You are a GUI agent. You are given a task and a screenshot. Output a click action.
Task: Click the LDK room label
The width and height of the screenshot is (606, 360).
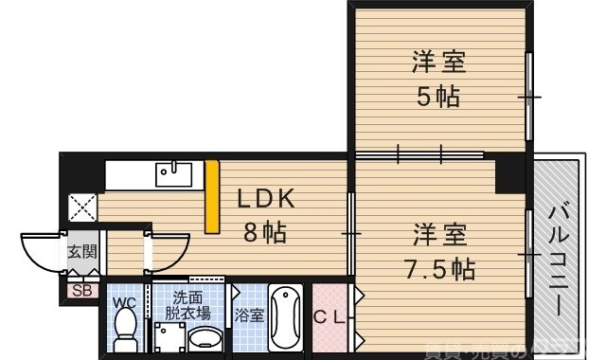(x=266, y=199)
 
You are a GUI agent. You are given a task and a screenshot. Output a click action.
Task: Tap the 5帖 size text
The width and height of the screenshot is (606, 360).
(x=437, y=95)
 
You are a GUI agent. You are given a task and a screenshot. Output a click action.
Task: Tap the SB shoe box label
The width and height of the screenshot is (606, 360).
(x=81, y=291)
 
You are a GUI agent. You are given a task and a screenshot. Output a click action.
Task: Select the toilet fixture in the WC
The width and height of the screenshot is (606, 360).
(x=123, y=330)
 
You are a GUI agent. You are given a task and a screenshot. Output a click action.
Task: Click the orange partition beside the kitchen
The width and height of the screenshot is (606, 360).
(x=212, y=197)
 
